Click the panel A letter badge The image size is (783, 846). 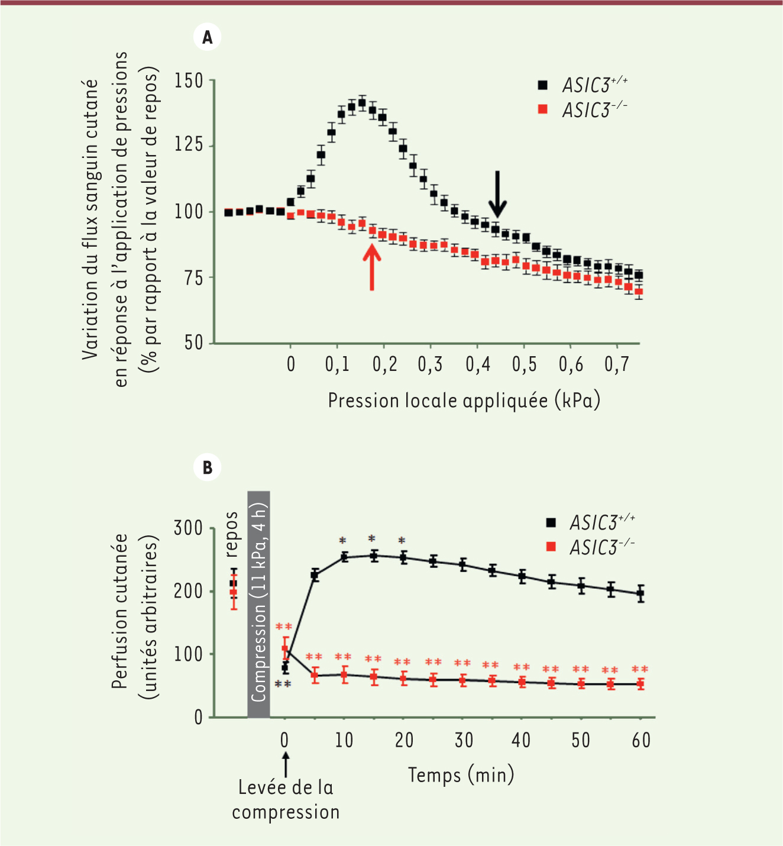(x=207, y=38)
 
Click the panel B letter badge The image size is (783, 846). (x=207, y=467)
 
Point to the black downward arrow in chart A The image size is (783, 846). (x=498, y=194)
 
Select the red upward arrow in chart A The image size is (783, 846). (x=372, y=267)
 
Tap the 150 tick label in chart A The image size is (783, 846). (x=189, y=80)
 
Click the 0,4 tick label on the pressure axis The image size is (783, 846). (x=478, y=364)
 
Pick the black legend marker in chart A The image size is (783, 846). (x=542, y=85)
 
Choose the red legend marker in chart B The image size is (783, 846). (x=551, y=547)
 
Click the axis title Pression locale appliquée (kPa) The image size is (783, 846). (x=464, y=401)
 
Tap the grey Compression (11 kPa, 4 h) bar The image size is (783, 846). (x=259, y=603)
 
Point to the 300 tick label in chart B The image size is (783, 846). (x=188, y=528)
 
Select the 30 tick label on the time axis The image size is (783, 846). (x=464, y=740)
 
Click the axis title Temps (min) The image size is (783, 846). (x=461, y=774)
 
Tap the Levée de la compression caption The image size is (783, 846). (x=286, y=800)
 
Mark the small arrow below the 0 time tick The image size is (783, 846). (x=286, y=764)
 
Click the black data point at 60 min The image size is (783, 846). (x=640, y=593)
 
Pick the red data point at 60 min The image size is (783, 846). (x=640, y=684)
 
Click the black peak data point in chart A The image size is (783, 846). (x=362, y=102)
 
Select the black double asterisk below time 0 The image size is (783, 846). (x=283, y=684)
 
